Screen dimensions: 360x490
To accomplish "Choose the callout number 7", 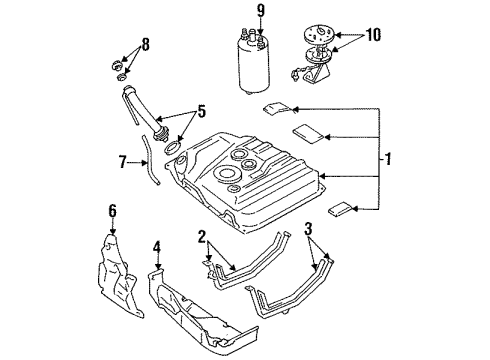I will pyautogui.click(x=124, y=160).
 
